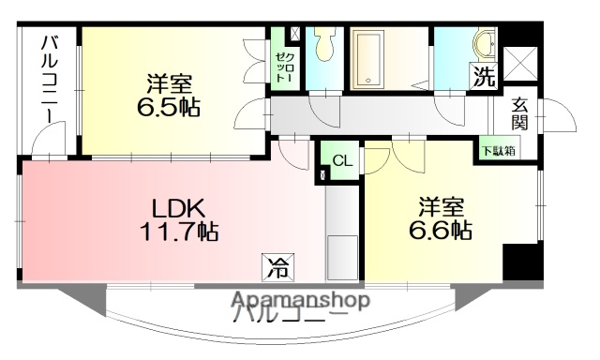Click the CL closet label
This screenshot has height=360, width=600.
click(x=342, y=160)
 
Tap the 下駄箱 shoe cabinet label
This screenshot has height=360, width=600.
click(x=496, y=150)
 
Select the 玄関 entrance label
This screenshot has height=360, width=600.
click(x=520, y=113)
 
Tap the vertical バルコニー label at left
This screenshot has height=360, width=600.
click(x=49, y=80)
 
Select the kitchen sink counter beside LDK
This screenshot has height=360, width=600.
click(x=339, y=234)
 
